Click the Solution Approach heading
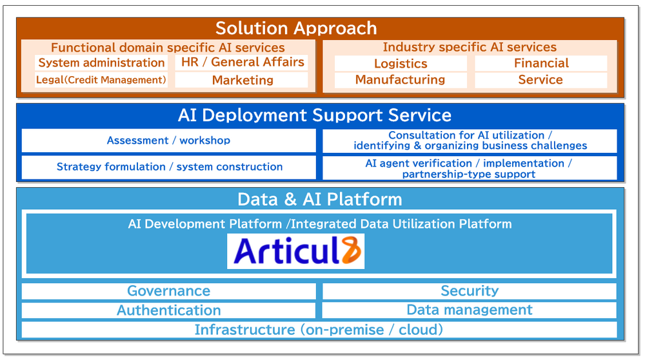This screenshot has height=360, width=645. coord(296,28)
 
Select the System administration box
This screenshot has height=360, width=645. coord(101,63)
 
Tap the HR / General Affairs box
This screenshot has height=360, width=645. coord(242,62)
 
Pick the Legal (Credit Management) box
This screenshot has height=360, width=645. coord(101,80)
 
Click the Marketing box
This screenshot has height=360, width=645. coord(242,80)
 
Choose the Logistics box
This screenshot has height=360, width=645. coord(401,63)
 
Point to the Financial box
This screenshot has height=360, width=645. coord(541,63)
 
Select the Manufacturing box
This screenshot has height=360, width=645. coord(401,80)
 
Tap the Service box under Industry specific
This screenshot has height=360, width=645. coord(541,80)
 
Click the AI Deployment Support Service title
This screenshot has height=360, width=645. coord(315,115)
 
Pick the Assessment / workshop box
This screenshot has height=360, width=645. coord(168,141)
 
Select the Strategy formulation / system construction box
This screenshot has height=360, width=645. coord(169,166)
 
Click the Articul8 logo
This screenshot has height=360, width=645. coord(295,252)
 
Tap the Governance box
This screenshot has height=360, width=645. coord(168,291)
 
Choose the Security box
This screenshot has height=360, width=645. coord(470,291)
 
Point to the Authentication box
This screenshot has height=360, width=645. coord(168,310)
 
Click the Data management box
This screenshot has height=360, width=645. coord(470,310)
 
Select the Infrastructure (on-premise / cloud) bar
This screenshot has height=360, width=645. coord(319,330)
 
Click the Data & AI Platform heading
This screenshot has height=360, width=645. coord(320,199)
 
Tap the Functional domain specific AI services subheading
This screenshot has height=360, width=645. coord(168,47)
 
